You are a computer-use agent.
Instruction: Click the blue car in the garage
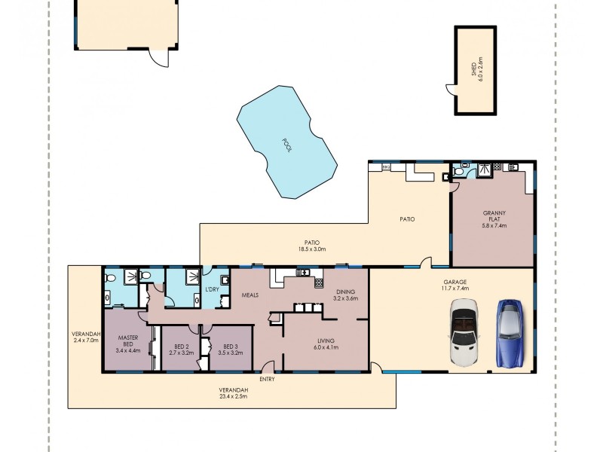point(509,332)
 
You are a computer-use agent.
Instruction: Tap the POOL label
point(286,144)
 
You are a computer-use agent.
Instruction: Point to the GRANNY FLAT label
point(494,219)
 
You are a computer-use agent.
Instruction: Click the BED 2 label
point(182,349)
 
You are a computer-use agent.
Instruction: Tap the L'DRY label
point(212,290)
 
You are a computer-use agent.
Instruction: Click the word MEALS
point(250,295)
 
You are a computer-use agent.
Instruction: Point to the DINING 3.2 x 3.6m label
point(346,295)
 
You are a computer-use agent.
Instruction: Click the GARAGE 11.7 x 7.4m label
point(455,285)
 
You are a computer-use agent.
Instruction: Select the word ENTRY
point(266,379)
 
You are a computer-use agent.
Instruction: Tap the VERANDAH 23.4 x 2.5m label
point(234,392)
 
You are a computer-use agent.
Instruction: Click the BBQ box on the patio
point(386,166)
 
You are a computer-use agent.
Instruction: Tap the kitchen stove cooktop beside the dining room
point(308,273)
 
